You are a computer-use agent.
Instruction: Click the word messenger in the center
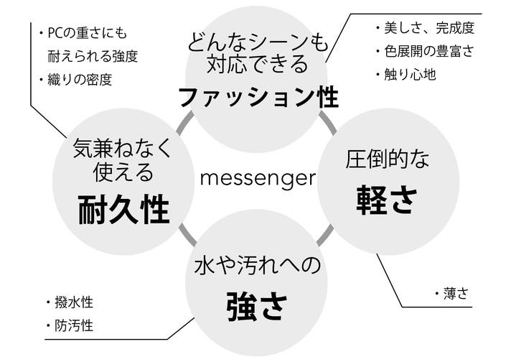coord(258,177)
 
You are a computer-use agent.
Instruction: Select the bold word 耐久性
coord(123,210)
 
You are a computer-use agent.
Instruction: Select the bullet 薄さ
coord(454,293)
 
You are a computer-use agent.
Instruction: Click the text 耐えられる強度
coord(93,55)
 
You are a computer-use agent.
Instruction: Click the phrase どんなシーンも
coord(258,42)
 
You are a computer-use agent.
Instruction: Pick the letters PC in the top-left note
coord(57,32)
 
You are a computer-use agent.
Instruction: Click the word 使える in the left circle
coord(123,172)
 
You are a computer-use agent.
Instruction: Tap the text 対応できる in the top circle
coord(258,65)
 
